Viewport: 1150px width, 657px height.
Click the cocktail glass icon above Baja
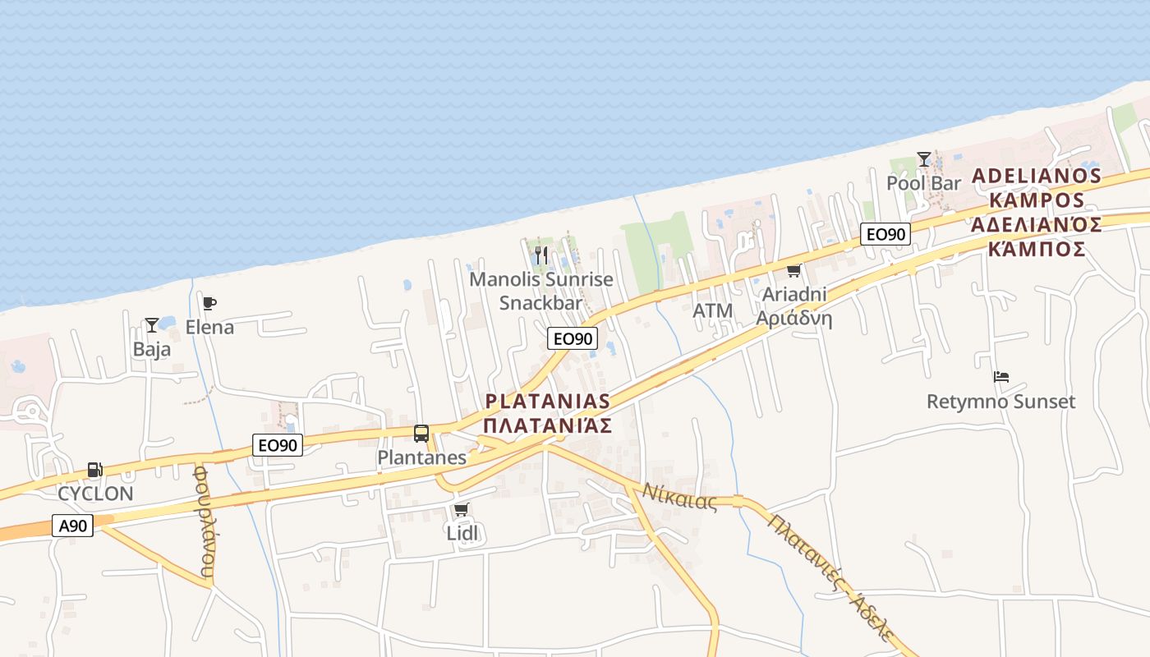point(152,325)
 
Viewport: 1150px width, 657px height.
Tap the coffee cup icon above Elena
point(209,304)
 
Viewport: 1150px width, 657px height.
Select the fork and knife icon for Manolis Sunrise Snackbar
point(540,255)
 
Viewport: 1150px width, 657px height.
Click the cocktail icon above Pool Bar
point(924,159)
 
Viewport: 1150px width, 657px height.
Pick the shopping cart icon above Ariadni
point(793,270)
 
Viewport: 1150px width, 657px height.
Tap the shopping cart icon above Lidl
point(462,510)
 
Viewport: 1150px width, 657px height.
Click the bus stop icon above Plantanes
point(421,433)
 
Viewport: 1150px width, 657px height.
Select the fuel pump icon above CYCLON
point(95,470)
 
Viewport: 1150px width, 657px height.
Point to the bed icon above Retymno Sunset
point(1000,378)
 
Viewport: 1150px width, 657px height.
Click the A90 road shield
point(72,526)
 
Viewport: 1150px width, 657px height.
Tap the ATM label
point(712,310)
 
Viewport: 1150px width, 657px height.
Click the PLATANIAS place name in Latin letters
point(548,402)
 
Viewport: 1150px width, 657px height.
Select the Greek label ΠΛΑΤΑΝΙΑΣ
point(548,425)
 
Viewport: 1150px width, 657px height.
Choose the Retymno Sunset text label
point(1000,402)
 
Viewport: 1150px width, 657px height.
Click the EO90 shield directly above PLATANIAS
point(573,338)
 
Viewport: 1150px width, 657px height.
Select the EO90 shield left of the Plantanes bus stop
point(278,446)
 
